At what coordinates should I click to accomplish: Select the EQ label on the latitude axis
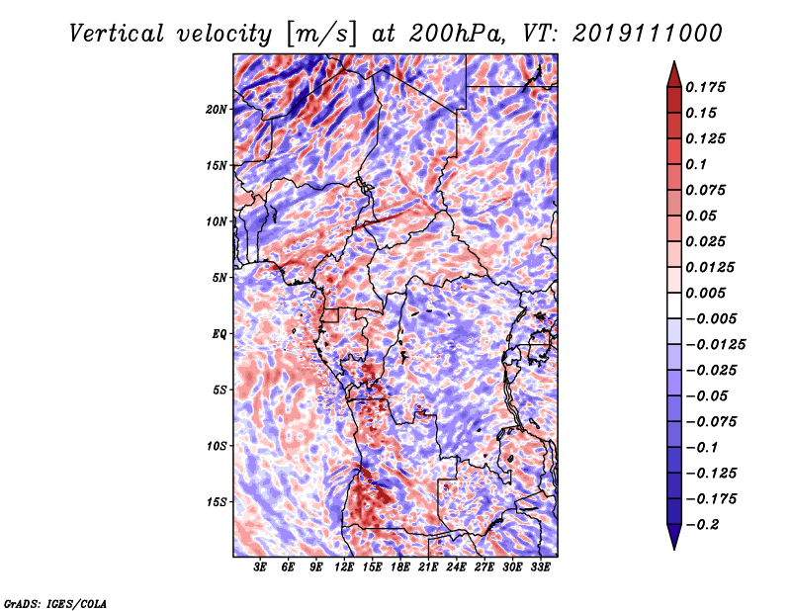[220, 333]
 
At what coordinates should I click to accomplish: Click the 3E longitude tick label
[260, 567]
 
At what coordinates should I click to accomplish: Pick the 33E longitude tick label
[540, 567]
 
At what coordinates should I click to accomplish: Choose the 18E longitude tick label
[400, 567]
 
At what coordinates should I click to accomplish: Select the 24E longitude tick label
[456, 567]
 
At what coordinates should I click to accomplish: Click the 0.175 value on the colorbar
[708, 87]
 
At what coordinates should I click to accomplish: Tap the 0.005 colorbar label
[708, 293]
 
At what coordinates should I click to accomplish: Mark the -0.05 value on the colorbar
[708, 395]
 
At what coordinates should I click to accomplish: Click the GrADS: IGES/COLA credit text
[55, 602]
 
